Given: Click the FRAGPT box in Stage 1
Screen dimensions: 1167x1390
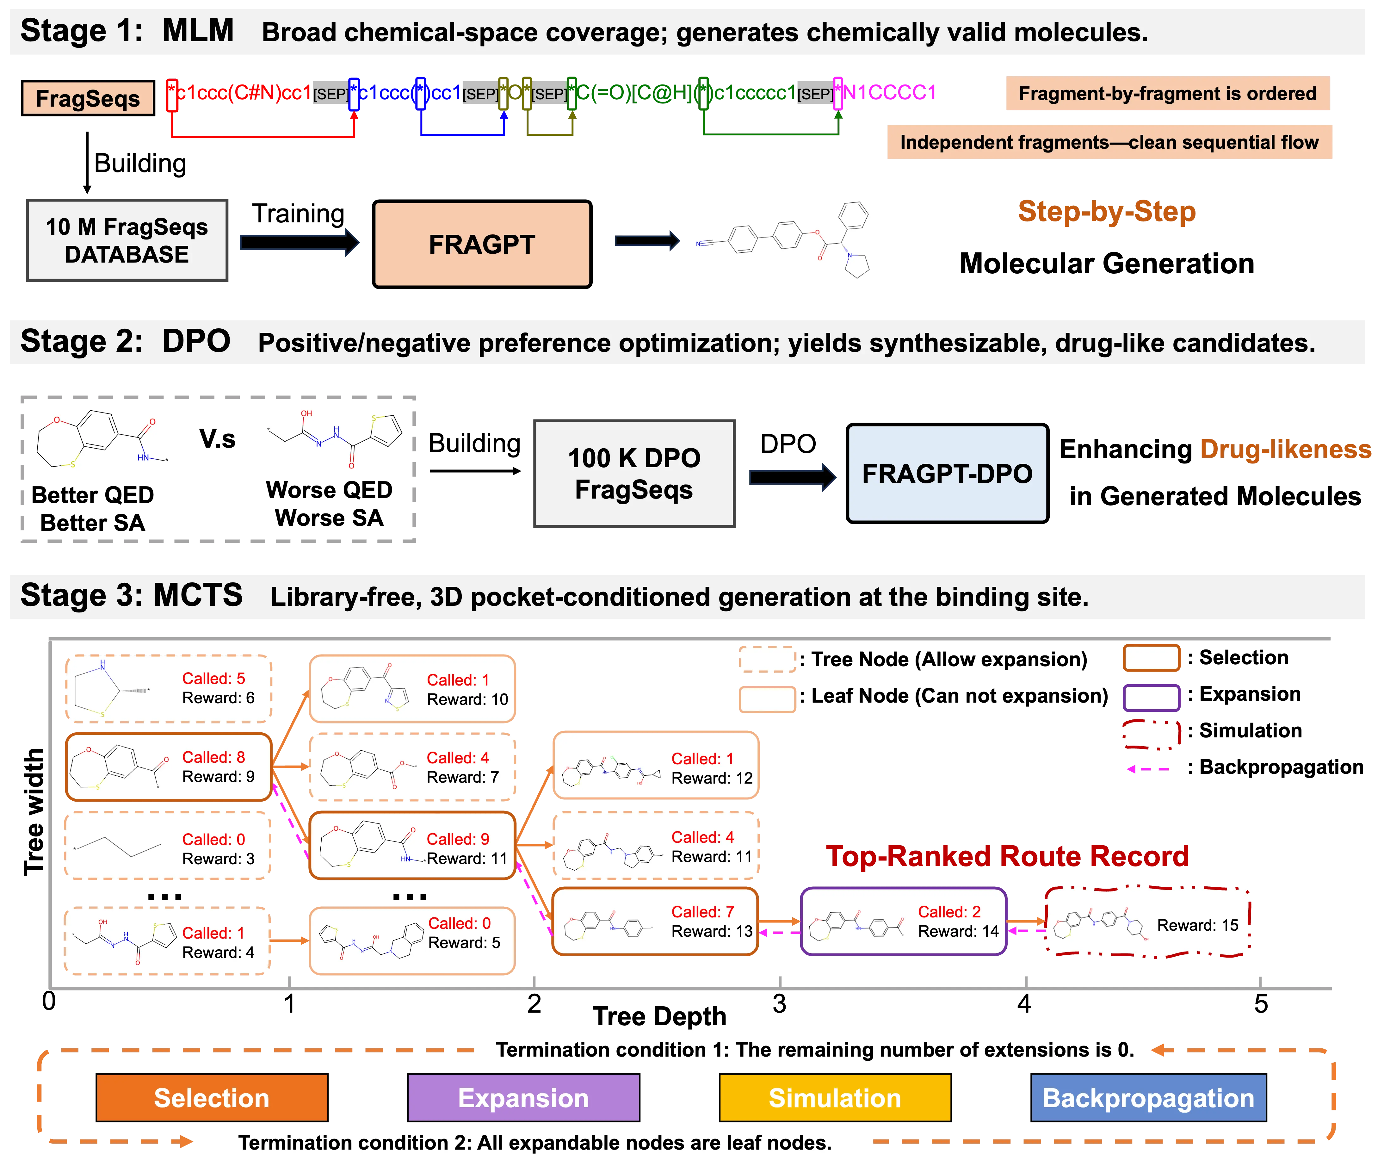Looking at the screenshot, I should click(x=482, y=244).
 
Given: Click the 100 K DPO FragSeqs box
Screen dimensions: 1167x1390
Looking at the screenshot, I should click(x=633, y=473).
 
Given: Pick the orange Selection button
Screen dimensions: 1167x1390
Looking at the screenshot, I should click(x=212, y=1097).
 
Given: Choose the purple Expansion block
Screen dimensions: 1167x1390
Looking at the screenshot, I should click(x=523, y=1097).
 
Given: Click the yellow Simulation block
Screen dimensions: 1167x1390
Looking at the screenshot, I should click(x=835, y=1097).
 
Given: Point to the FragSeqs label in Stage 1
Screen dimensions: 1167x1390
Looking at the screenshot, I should click(x=88, y=98).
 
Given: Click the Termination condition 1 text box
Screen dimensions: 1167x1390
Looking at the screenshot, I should click(x=815, y=1049).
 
